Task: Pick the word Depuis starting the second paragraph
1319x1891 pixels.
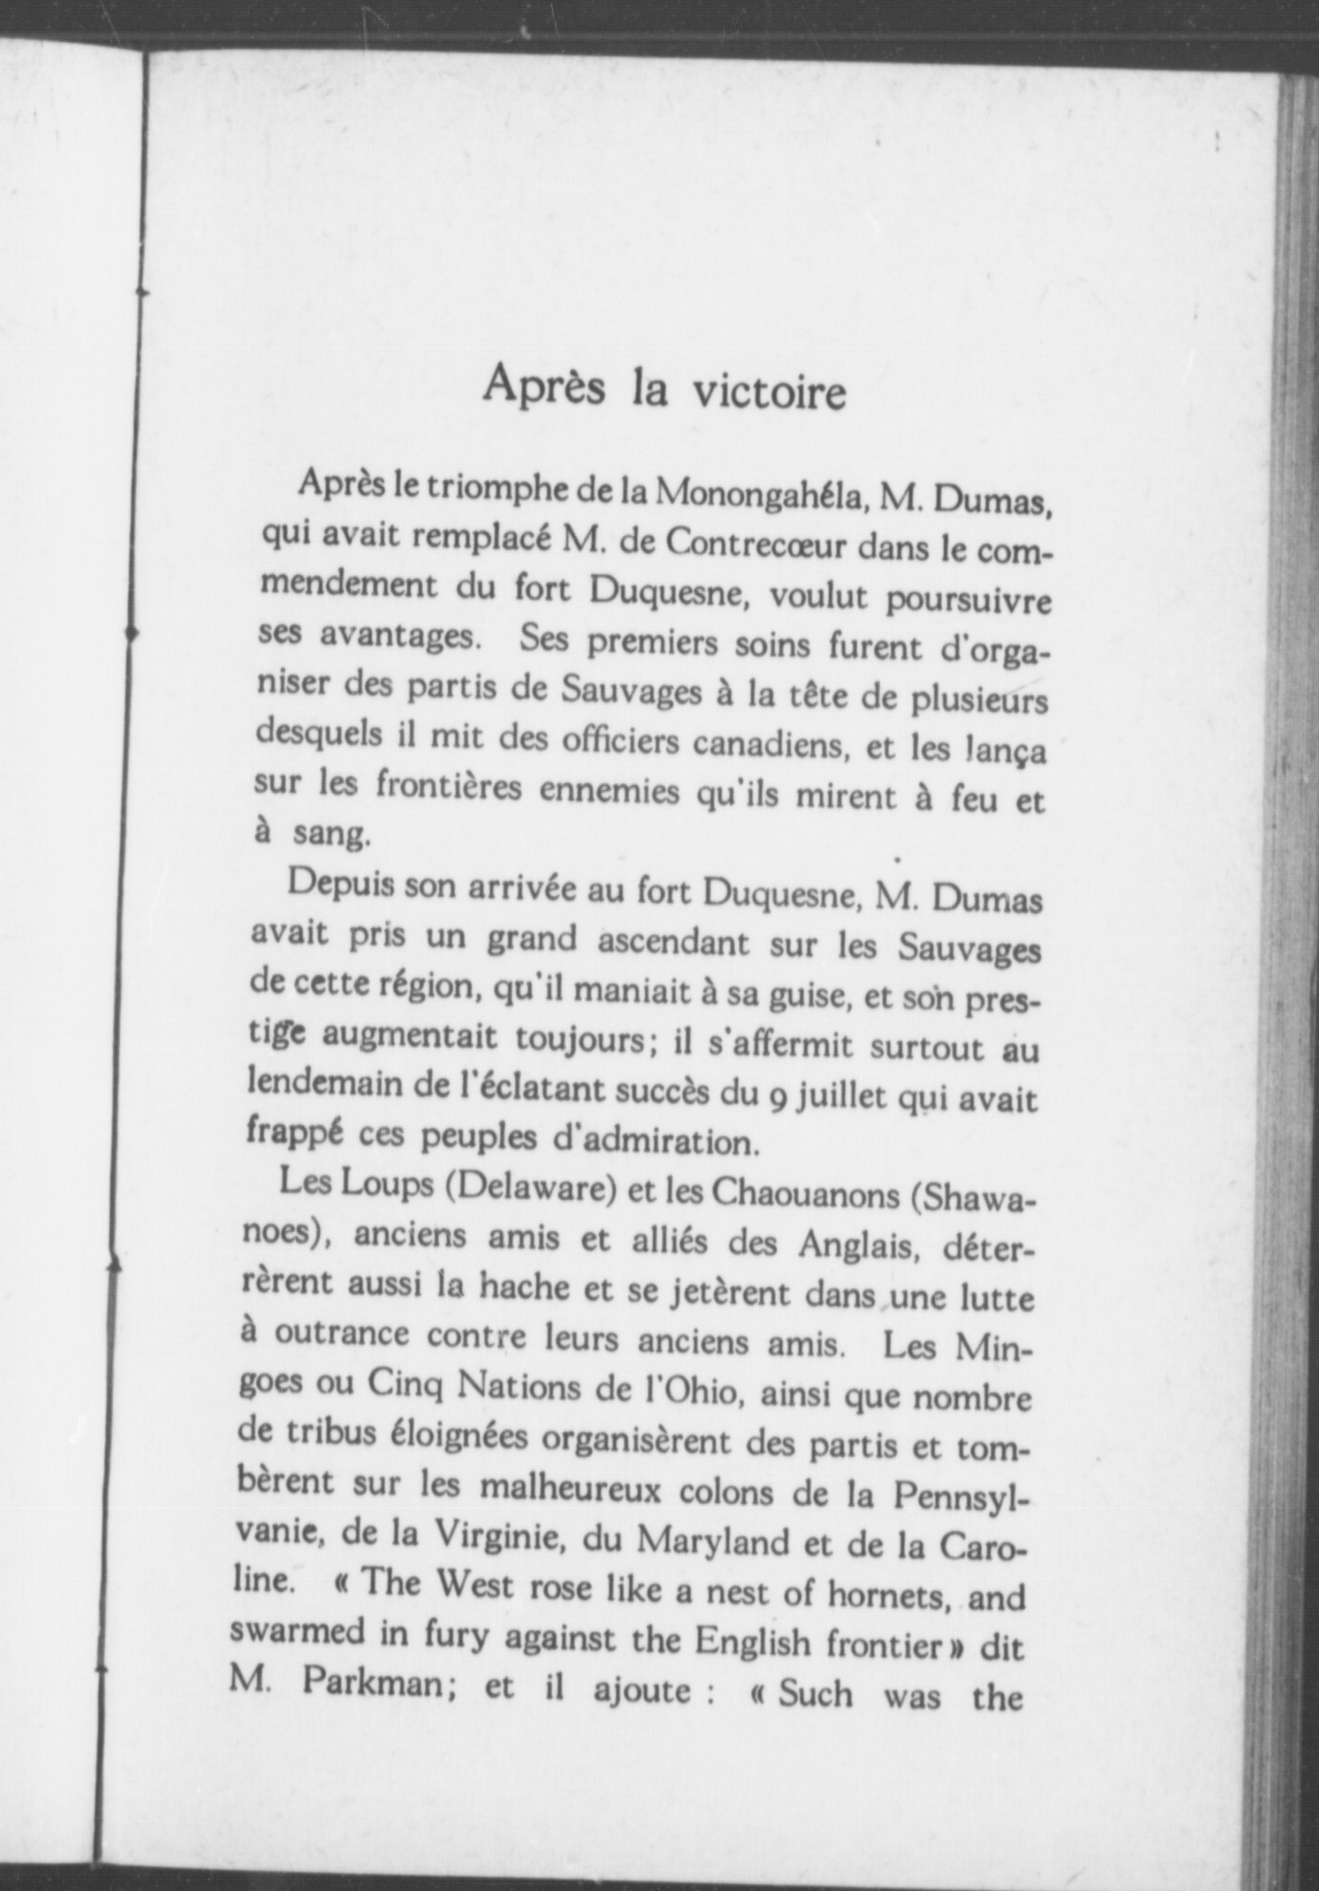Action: [x=340, y=886]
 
